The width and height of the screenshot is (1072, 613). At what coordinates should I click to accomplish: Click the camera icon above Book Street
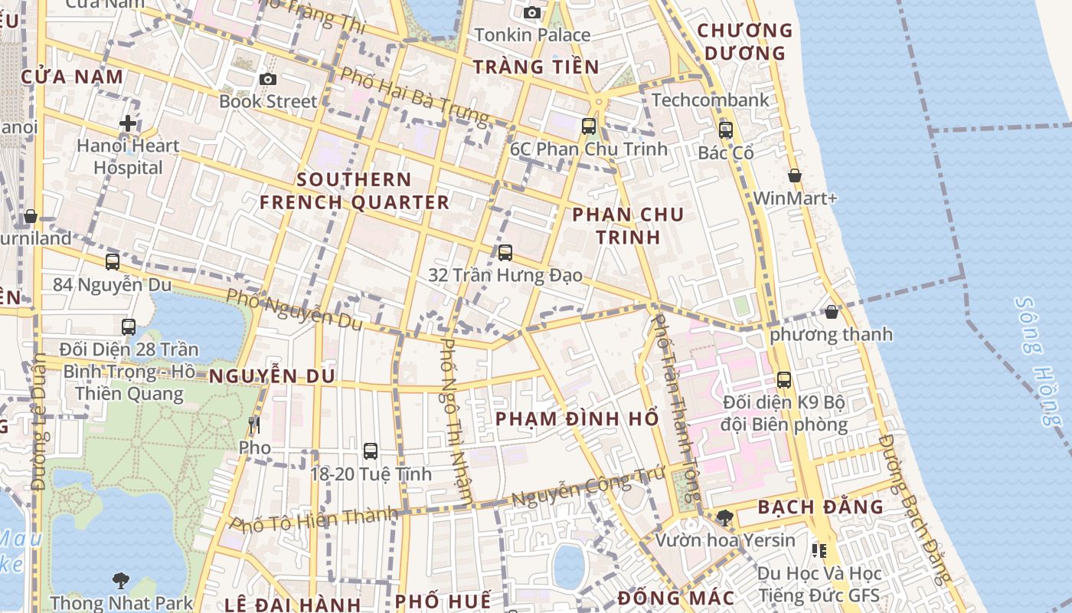(267, 79)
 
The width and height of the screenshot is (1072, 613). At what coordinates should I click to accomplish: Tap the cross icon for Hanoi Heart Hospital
(128, 123)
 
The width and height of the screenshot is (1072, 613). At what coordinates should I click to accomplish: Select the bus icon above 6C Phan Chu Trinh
(589, 126)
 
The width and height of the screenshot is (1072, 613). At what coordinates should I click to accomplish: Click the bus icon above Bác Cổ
(726, 130)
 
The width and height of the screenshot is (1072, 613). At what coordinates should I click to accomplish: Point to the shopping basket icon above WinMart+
(795, 175)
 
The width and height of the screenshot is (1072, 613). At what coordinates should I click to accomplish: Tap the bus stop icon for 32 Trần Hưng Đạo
(505, 252)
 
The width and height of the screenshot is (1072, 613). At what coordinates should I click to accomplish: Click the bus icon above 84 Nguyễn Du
(113, 261)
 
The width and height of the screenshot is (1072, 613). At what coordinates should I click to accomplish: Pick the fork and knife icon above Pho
(255, 425)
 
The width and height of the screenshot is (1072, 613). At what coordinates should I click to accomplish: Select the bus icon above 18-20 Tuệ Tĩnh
(371, 451)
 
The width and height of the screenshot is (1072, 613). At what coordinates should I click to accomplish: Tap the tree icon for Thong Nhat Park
(121, 580)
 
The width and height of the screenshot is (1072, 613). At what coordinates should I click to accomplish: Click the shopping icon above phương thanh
(832, 312)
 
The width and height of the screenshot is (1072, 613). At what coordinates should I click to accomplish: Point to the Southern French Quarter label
(354, 191)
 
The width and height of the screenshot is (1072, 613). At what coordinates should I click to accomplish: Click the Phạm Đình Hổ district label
(577, 419)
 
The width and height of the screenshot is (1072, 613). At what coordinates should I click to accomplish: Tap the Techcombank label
(711, 100)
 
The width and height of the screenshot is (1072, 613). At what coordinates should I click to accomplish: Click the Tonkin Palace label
(532, 34)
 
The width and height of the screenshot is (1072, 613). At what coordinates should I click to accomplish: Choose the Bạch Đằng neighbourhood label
(820, 507)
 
